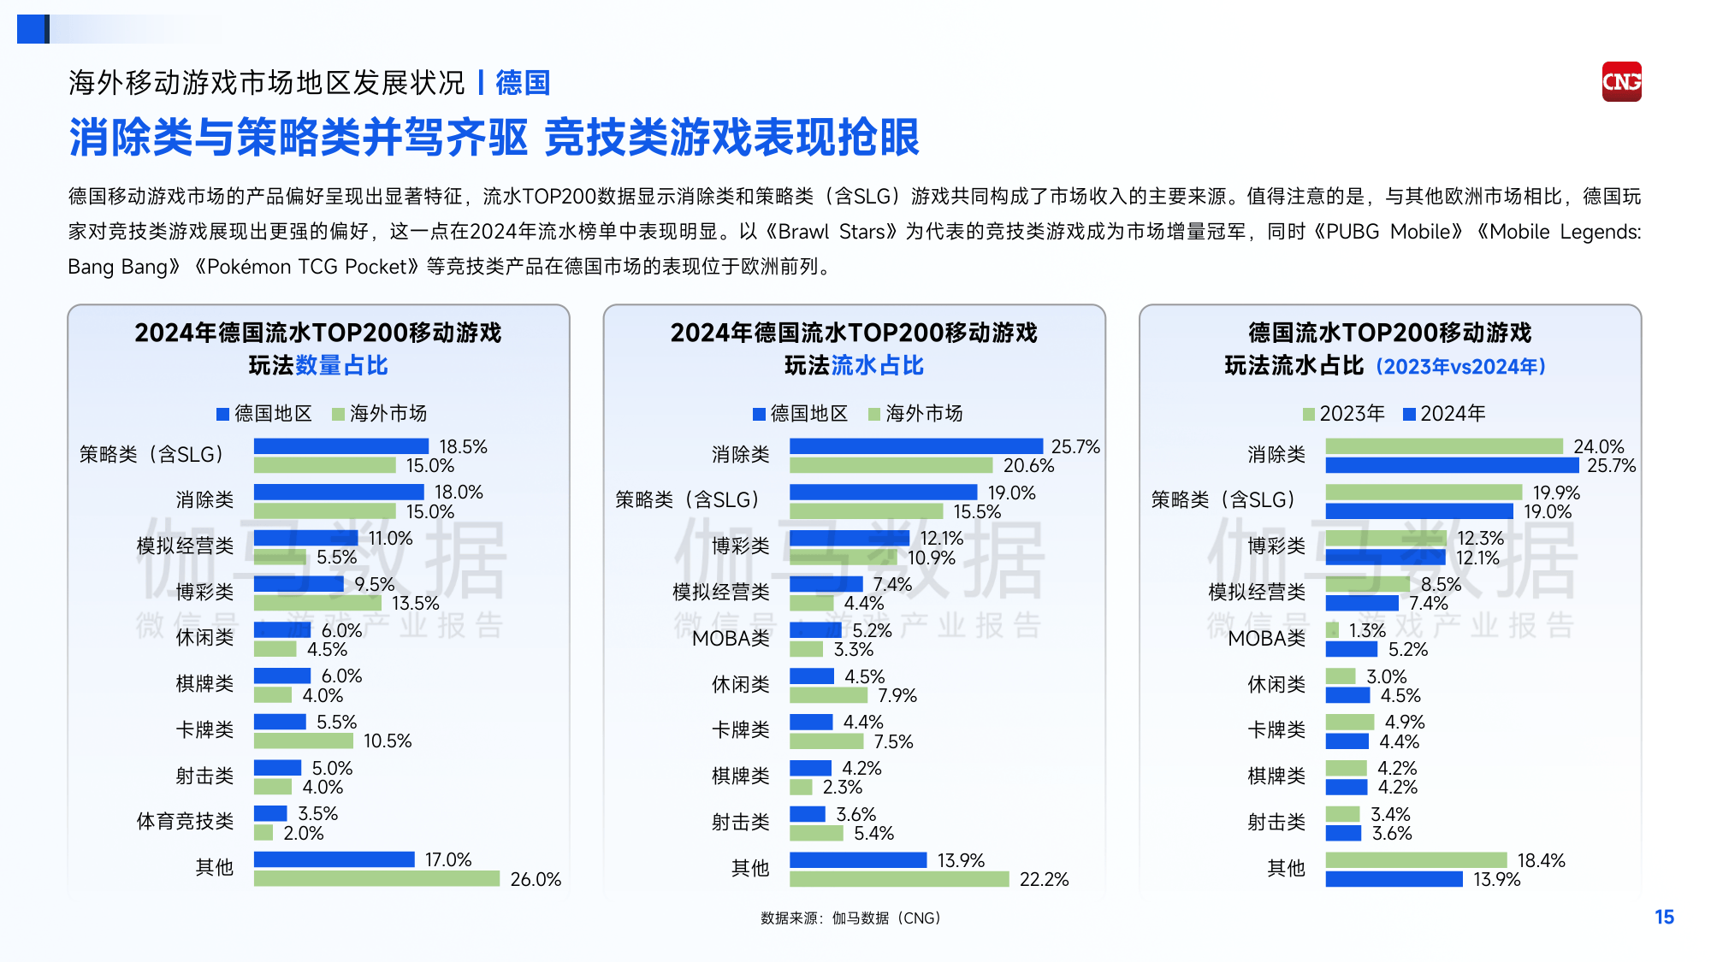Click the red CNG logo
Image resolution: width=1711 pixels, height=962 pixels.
pos(1621,82)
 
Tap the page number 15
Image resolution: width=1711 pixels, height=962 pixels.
pos(1664,918)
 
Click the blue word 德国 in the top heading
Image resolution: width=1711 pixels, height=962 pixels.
pos(522,83)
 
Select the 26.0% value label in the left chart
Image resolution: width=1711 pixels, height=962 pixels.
pos(536,879)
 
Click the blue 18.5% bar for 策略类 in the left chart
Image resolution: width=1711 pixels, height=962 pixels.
pos(340,446)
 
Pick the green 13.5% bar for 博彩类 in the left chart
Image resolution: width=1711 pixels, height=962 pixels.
pos(317,604)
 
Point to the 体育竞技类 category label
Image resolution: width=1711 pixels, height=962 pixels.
pos(185,822)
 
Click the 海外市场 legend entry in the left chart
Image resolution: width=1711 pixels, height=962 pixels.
pos(379,414)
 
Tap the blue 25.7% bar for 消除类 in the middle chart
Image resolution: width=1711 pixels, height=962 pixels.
pos(915,446)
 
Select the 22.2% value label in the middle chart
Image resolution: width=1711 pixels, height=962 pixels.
pos(1044,879)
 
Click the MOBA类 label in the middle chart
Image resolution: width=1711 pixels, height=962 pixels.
pos(731,639)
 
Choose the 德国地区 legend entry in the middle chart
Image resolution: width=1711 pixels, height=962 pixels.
pos(800,414)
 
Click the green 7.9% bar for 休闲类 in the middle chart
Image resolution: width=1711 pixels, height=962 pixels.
pos(827,695)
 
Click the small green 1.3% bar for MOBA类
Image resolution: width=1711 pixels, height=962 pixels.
pos(1332,630)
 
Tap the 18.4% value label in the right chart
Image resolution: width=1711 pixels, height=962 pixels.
pos(1541,860)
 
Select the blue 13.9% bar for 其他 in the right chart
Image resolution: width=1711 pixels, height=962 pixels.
pos(1394,879)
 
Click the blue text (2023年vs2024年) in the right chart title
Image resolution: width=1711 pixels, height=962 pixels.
pos(1460,367)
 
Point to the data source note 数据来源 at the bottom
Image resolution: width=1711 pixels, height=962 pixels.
pos(850,918)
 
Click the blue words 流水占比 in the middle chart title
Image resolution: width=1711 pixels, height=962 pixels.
pos(878,366)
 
